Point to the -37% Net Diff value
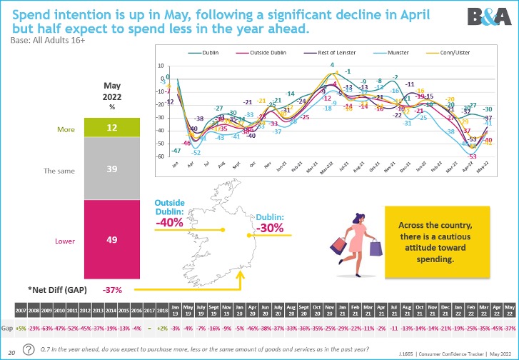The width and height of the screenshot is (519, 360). click(112, 290)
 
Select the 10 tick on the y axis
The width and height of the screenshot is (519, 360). click(162, 65)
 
